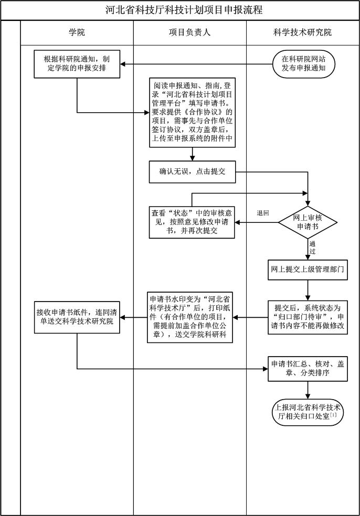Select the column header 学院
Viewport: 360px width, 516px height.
(77, 33)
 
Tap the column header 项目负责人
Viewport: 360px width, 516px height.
(189, 33)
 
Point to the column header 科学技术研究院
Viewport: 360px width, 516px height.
(302, 33)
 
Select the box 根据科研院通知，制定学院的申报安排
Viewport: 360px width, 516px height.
(77, 64)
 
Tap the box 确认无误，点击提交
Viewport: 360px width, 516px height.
(192, 171)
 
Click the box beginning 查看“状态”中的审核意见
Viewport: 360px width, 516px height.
(192, 222)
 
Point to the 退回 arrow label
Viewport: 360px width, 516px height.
(262, 213)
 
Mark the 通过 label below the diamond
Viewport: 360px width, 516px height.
(312, 248)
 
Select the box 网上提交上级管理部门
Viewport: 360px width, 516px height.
(308, 269)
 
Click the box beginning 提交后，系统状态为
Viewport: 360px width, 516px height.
(308, 317)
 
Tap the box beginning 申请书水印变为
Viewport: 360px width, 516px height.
(192, 317)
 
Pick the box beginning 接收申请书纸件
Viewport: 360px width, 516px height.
(77, 317)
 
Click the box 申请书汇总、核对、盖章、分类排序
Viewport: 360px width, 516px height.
(308, 369)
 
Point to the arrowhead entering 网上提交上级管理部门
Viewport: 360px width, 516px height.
(308, 258)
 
